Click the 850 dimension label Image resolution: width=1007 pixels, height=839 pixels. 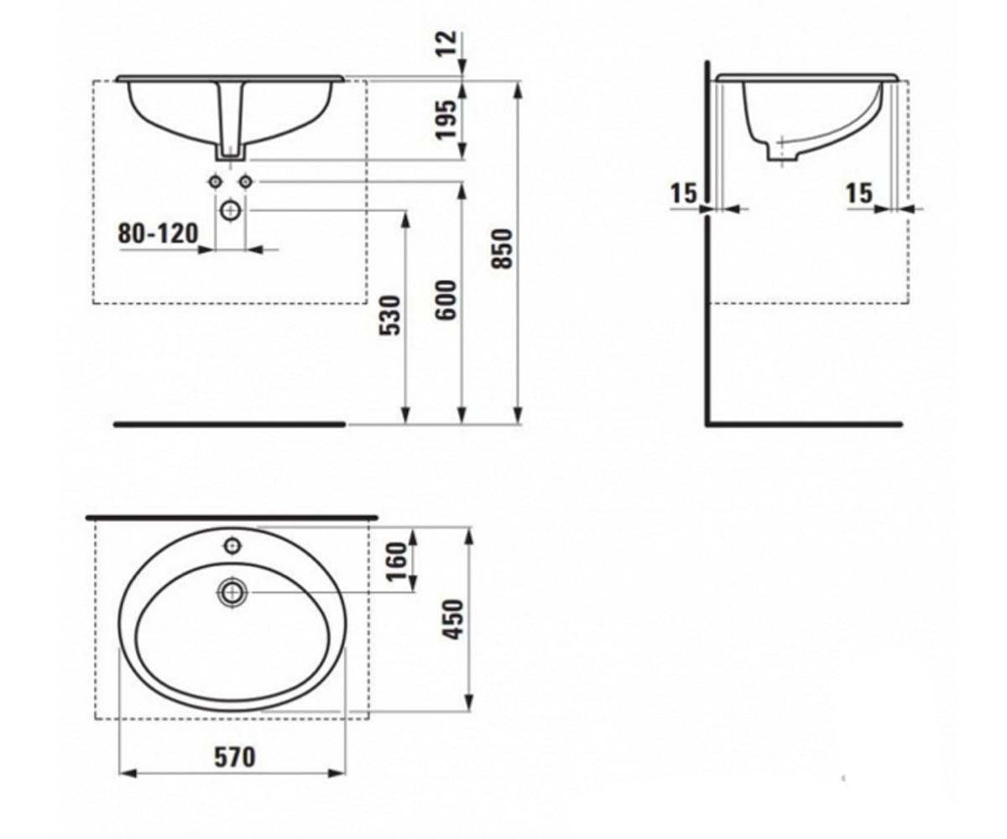(502, 249)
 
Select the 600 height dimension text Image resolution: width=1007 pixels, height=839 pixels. (446, 300)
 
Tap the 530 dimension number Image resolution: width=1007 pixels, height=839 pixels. (389, 315)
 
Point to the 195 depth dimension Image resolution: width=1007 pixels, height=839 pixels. (446, 119)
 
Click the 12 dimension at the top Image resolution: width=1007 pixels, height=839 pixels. (446, 44)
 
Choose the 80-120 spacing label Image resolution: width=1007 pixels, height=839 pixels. (159, 233)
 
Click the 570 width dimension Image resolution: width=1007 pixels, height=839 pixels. (235, 757)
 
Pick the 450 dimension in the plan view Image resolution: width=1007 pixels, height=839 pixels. (453, 620)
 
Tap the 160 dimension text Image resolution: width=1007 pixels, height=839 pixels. (397, 561)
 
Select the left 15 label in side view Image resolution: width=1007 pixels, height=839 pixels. (684, 194)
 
